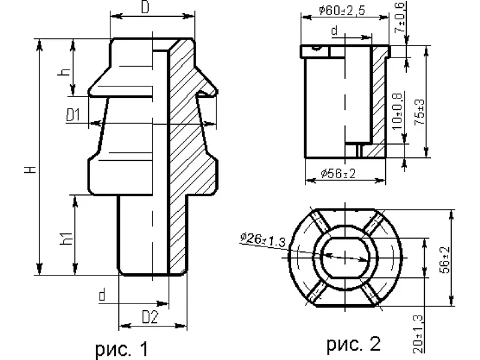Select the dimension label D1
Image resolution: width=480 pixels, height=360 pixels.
coord(73,115)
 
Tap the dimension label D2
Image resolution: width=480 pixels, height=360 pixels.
coord(151,317)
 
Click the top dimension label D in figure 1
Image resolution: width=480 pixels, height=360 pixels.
coord(145,7)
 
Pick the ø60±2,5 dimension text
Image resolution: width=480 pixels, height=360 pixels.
coord(341,10)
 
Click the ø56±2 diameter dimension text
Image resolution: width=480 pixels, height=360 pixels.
coord(338,173)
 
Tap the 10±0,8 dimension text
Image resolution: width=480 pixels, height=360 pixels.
coord(397,112)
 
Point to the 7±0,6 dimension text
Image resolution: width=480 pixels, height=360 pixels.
coord(400,18)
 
